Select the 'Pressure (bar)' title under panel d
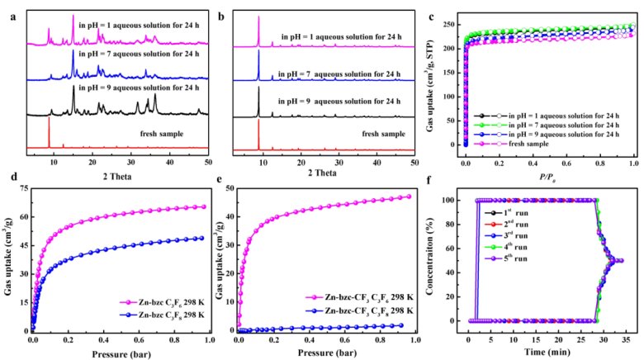click(x=116, y=351)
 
